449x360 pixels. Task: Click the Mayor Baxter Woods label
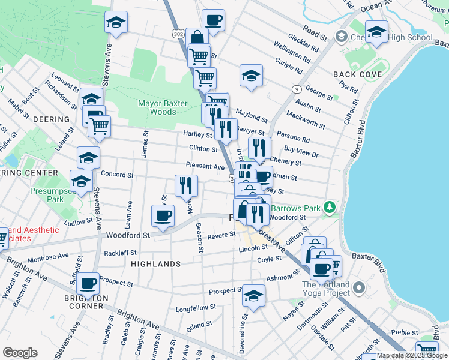157,107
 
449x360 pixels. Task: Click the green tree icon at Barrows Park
328,208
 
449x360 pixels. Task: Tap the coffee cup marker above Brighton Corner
88,283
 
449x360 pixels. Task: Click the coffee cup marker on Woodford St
162,216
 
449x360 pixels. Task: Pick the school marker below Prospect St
254,296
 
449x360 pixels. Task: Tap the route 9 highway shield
296,89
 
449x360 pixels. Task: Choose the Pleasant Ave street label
205,167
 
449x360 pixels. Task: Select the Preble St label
404,332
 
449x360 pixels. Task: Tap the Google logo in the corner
20,353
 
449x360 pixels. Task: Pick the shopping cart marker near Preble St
427,350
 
